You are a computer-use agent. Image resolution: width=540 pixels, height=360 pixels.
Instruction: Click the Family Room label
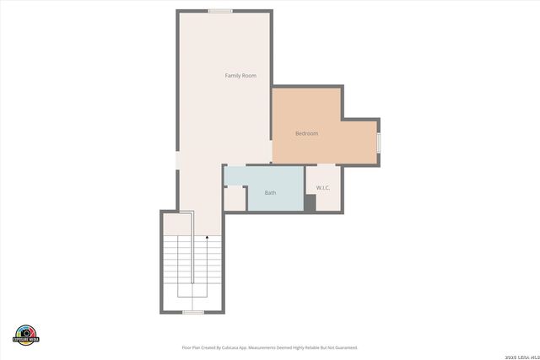coord(240,76)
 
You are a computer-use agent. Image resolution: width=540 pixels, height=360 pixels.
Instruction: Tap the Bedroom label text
coord(306,133)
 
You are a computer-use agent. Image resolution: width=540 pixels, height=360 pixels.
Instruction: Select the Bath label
coord(270,193)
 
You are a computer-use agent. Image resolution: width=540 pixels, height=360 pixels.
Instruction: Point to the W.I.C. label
coord(323,187)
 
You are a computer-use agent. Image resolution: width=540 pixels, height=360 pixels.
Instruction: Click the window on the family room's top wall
coord(220,11)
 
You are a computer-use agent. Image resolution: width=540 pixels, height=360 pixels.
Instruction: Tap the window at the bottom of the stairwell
coord(193,313)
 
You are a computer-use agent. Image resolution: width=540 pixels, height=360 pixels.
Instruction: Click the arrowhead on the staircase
coord(207,239)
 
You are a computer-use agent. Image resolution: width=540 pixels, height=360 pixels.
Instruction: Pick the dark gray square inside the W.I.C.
coord(310,203)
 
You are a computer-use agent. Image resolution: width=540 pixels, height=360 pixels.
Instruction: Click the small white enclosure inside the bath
coord(235,198)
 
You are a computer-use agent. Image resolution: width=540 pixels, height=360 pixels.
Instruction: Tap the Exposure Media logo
coord(26,335)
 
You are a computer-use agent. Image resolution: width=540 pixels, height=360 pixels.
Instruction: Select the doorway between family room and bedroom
coord(271,151)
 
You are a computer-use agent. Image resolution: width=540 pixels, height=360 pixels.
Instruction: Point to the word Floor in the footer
coord(186,347)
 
